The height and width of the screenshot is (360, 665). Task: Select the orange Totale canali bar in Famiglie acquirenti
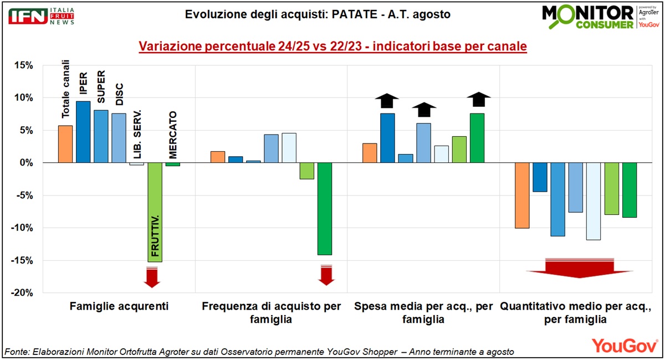point(65,144)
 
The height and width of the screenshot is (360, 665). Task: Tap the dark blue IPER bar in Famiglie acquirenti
point(83,132)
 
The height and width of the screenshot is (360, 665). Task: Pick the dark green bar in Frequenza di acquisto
point(324,209)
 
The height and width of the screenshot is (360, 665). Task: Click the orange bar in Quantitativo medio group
point(522,196)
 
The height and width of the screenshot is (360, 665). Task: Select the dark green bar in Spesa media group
point(477,138)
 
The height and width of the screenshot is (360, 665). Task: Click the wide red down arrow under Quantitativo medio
point(580,268)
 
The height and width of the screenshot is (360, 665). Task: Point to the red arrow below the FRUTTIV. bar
point(152,276)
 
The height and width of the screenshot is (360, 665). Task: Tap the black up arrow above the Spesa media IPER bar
point(387,101)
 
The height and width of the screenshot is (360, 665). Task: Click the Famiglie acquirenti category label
point(119,306)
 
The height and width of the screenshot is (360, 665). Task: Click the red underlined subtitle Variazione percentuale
point(332,46)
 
